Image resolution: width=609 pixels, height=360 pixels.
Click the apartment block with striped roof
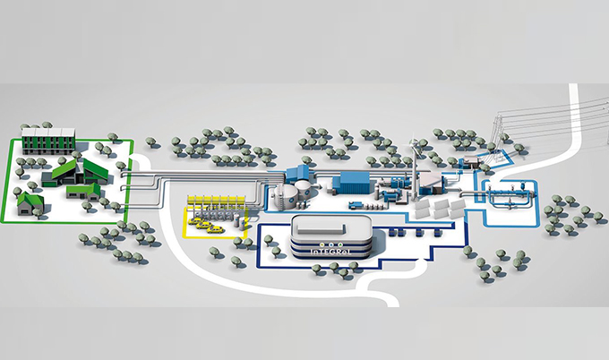point(48,141)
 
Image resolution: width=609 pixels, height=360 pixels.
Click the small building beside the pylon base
point(467,164)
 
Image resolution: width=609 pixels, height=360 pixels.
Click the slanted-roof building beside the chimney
point(432,183)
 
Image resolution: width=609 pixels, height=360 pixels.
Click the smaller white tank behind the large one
point(304,187)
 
